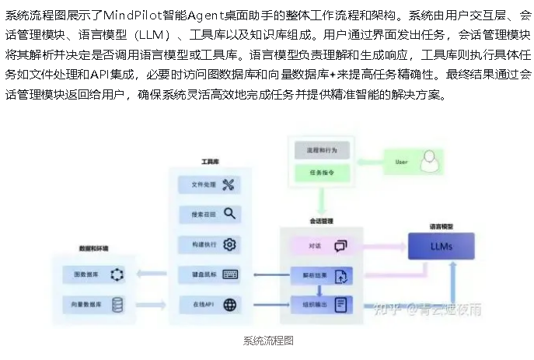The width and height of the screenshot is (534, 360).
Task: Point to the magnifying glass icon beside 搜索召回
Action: point(229,213)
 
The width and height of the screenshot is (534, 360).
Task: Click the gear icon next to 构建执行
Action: point(229,243)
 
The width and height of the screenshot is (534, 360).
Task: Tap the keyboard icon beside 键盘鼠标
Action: point(229,274)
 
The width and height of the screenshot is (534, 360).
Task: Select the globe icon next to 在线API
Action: point(229,304)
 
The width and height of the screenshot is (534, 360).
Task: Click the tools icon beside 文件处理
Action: point(229,184)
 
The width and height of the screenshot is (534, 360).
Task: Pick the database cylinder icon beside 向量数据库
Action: point(117,304)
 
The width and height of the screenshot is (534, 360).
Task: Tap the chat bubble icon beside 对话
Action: point(340,246)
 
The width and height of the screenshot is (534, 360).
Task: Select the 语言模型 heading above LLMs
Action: point(441,227)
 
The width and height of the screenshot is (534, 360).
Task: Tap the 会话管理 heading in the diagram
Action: point(322,221)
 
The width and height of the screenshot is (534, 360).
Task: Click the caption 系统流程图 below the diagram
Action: point(267,341)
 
